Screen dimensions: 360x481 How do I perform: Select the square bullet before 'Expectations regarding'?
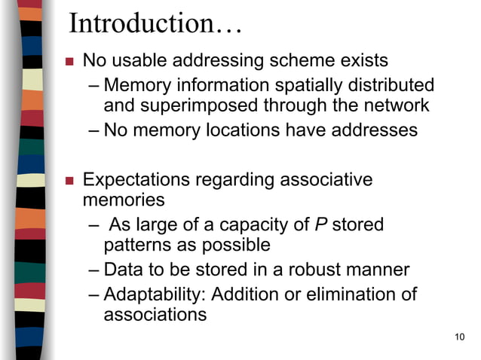point(69,181)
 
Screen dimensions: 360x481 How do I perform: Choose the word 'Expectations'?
point(136,180)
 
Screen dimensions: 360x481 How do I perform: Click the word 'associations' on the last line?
point(155,314)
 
